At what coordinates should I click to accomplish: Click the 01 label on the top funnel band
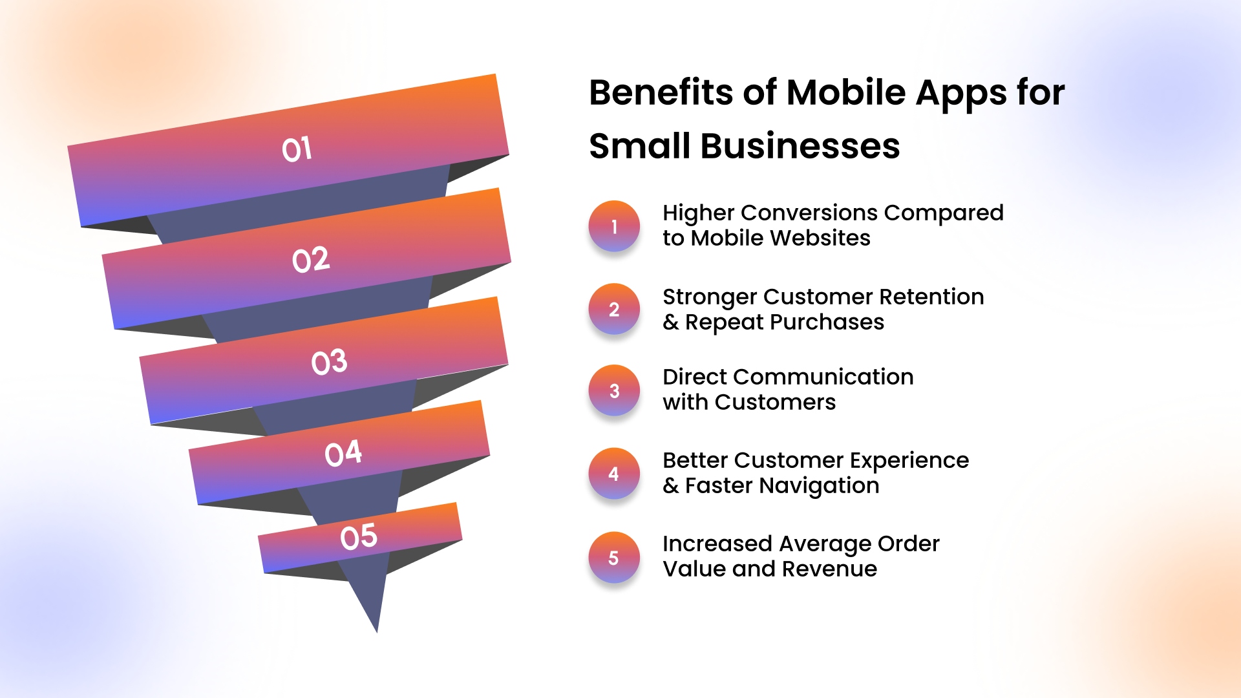(x=297, y=149)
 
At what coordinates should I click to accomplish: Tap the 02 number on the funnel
(x=311, y=260)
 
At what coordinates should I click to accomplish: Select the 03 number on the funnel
(x=329, y=362)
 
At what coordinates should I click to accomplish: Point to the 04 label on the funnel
(x=343, y=453)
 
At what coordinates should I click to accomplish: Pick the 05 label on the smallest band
(x=359, y=537)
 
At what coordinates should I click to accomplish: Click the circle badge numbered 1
(x=614, y=226)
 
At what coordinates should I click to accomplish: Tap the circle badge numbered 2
(x=614, y=309)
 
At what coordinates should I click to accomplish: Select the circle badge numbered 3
(x=614, y=391)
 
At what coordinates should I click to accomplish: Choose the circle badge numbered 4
(x=614, y=474)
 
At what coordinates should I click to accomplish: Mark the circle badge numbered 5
(x=614, y=557)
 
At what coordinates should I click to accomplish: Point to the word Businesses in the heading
(x=800, y=146)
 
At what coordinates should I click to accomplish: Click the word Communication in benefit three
(x=823, y=377)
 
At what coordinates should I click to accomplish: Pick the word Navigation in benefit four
(x=819, y=486)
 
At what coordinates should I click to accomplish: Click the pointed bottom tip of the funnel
(x=377, y=631)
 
